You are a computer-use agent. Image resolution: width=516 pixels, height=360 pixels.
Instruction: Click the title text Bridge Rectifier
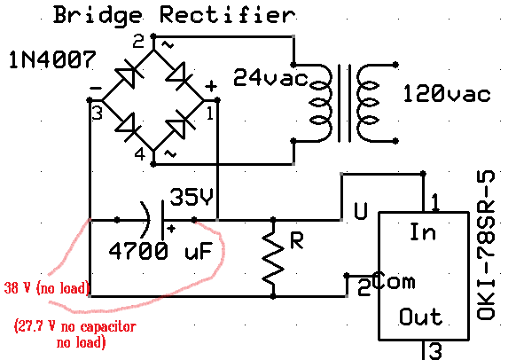[x=175, y=15]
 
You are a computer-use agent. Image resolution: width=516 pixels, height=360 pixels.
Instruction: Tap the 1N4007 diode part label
[x=52, y=60]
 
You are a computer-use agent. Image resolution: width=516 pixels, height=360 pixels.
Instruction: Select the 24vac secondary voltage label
[x=270, y=78]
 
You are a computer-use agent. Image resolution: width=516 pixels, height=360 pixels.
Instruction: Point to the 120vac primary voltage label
[x=447, y=93]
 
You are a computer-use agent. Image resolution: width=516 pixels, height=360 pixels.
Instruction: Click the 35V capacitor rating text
[x=192, y=197]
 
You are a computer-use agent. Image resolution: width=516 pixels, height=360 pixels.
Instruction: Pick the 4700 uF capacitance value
[x=160, y=251]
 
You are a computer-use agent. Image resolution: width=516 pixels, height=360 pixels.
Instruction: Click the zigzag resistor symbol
[x=273, y=257]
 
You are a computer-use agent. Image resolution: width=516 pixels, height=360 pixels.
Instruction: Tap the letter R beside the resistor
[x=297, y=240]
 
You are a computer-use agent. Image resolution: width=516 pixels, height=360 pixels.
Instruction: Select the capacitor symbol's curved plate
[x=145, y=220]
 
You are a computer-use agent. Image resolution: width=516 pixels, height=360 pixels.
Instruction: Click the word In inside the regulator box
[x=423, y=231]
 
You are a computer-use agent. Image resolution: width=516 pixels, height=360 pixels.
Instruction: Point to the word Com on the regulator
[x=395, y=281]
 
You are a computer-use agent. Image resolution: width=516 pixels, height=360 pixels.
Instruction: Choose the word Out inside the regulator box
[x=420, y=317]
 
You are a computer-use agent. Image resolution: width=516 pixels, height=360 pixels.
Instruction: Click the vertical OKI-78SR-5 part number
[x=486, y=245]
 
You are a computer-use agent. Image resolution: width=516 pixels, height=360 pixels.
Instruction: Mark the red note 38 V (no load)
[x=46, y=288]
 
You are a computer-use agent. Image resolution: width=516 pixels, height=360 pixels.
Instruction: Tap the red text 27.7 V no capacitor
[x=75, y=326]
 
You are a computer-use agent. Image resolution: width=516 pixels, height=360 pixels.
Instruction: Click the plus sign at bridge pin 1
[x=211, y=86]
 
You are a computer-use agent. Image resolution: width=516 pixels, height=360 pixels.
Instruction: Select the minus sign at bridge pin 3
[x=96, y=88]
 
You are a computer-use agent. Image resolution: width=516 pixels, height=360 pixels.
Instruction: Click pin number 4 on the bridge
[x=140, y=154]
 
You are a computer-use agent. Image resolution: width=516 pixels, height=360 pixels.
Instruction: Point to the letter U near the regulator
[x=360, y=211]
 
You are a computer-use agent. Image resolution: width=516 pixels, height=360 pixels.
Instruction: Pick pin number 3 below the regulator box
[x=435, y=351]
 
